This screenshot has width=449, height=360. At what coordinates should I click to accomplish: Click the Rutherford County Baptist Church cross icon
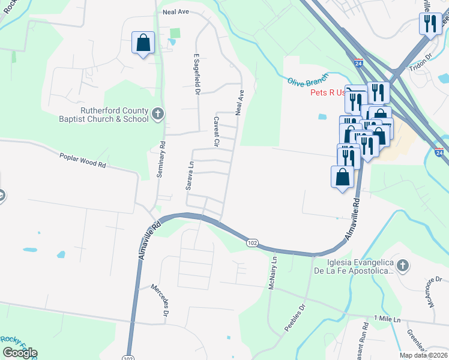(x=157, y=113)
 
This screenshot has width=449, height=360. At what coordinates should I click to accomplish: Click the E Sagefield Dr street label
(x=195, y=74)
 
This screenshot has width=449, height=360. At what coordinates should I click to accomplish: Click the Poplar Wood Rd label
(x=83, y=160)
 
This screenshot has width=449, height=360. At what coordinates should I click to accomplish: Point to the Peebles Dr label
(x=295, y=317)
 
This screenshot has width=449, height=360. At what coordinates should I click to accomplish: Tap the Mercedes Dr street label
(x=164, y=300)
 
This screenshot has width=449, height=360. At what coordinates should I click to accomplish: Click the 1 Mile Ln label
(x=387, y=318)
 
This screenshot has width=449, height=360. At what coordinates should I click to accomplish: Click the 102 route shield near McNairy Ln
(x=252, y=242)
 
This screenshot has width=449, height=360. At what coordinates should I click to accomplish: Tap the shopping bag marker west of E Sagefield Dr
(x=143, y=43)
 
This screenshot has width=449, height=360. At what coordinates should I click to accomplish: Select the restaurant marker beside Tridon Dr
(x=430, y=24)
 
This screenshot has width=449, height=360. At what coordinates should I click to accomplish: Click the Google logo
(x=19, y=353)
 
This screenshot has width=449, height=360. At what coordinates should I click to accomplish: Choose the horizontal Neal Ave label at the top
(x=176, y=11)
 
